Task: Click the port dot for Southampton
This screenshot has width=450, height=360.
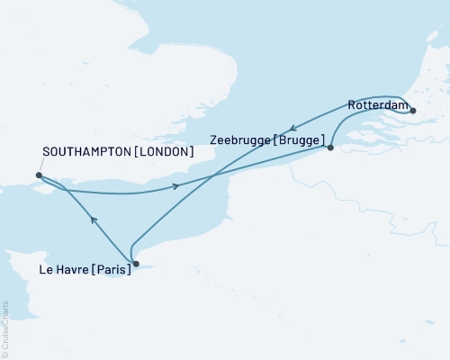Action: click(x=39, y=175)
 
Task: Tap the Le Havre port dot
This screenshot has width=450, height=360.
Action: click(x=135, y=264)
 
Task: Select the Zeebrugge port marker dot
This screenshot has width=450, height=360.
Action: click(x=331, y=147)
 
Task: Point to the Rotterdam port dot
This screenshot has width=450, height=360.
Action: click(x=412, y=110)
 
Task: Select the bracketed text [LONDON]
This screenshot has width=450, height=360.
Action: click(x=164, y=152)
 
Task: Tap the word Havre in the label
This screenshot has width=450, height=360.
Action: click(x=73, y=269)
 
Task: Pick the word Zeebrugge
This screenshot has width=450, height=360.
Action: click(x=240, y=140)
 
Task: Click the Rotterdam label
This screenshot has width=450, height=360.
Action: click(x=375, y=105)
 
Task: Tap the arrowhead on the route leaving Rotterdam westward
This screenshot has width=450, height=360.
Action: click(x=292, y=128)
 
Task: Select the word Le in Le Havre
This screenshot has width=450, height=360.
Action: click(x=46, y=269)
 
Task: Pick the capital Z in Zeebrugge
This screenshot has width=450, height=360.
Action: click(x=212, y=140)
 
